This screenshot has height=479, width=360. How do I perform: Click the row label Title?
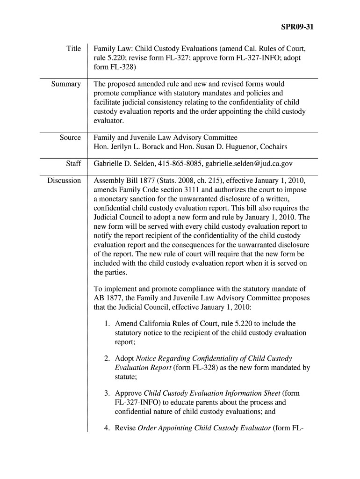(73, 48)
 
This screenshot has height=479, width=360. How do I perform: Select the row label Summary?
(66, 84)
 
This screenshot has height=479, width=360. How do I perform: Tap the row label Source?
(70, 138)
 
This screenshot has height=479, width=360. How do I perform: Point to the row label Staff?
(73, 164)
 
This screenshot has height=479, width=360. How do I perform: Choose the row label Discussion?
(64, 181)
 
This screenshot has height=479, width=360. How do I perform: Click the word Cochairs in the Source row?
(273, 147)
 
